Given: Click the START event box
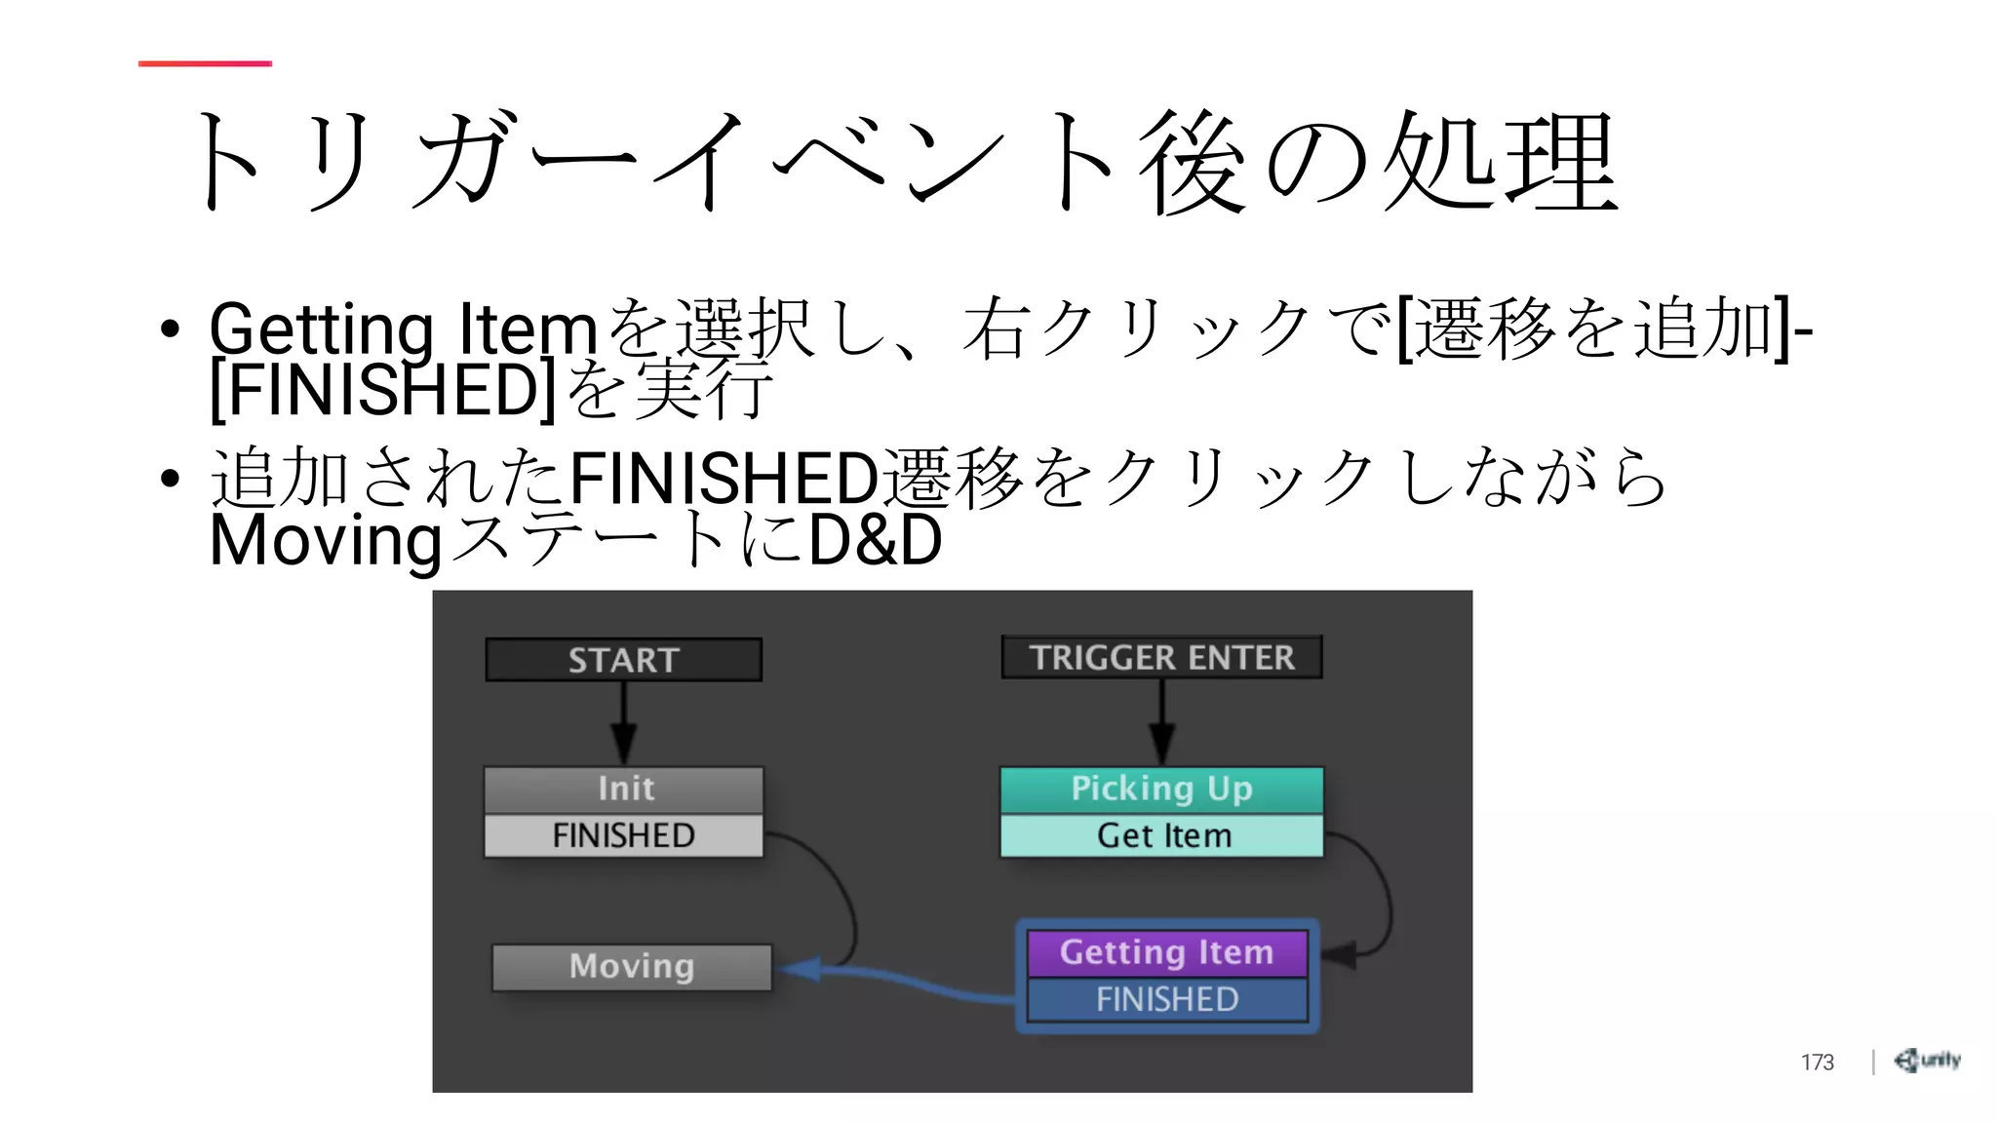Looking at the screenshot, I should point(623,660).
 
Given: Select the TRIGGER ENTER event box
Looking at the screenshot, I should point(1161,657).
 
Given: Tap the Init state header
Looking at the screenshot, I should point(624,789).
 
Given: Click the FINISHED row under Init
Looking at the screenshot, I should point(624,835).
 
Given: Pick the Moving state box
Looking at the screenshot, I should point(632,966).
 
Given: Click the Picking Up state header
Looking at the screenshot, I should point(1161,789).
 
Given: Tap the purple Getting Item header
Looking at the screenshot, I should point(1166,952).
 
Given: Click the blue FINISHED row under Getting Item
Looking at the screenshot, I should point(1166,999).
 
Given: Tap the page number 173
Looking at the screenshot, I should point(1817,1062).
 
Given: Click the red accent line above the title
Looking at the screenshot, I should point(205,63).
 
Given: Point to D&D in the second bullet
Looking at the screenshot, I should point(875,540).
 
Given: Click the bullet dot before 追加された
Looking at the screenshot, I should point(171,479).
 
